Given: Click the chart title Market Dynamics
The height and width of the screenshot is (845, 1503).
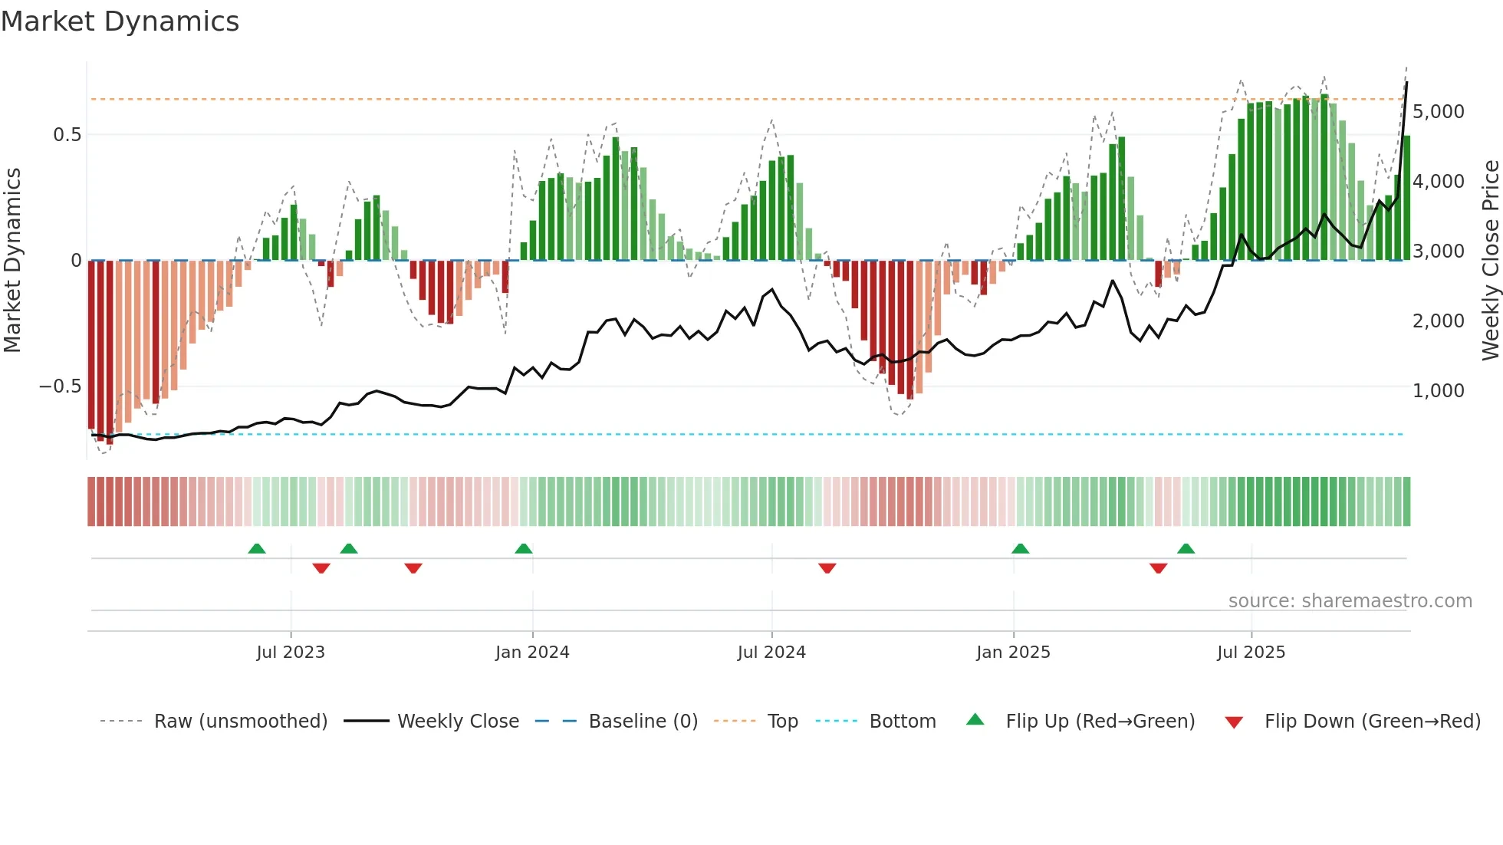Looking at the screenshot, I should pos(120,21).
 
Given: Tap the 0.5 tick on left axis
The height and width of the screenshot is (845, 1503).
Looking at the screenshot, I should pos(67,135).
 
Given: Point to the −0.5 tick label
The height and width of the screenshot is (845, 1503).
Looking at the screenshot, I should pos(61,386).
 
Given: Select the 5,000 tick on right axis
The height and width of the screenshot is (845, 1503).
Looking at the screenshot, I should pos(1438,112).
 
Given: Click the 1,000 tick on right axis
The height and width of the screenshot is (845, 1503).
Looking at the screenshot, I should pos(1438,391).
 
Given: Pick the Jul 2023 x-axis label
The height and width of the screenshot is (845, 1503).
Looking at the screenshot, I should pos(291,653).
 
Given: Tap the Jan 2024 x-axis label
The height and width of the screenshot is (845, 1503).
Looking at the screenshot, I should pos(532,653).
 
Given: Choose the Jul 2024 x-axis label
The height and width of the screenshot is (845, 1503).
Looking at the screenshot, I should pos(771,653).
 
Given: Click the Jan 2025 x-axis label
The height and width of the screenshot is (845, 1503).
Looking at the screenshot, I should pos(1013,653).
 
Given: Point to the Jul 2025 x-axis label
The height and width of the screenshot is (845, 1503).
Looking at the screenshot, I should pos(1251,653).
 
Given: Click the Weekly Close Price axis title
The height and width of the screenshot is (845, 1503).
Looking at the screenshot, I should pos(1490,261).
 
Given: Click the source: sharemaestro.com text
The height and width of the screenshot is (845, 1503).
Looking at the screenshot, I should pos(1350,601).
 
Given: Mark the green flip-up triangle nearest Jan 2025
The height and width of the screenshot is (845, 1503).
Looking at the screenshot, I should pos(1020,549).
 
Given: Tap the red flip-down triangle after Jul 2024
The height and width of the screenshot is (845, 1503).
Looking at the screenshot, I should pos(827,568).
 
